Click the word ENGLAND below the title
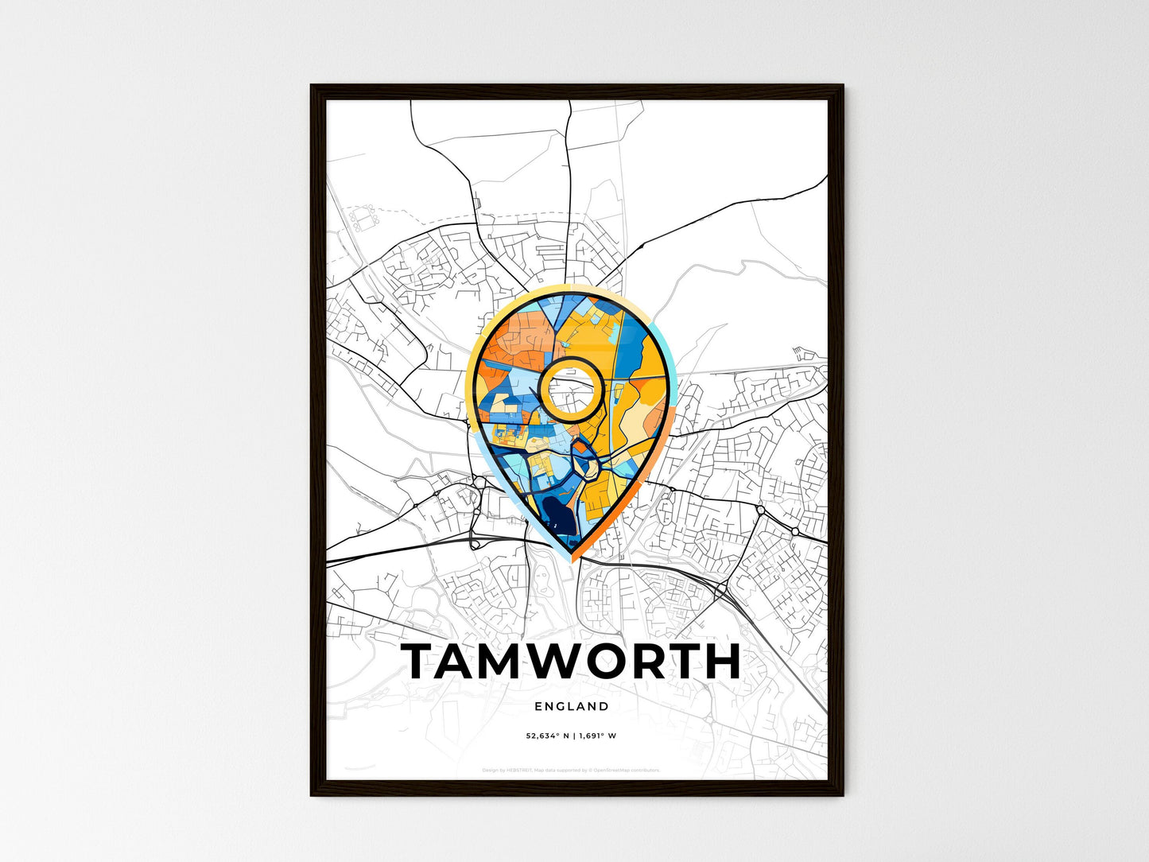(x=572, y=706)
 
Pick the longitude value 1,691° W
(x=596, y=736)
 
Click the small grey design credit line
(x=572, y=770)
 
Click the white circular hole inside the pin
(x=569, y=388)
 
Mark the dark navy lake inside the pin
(x=556, y=518)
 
